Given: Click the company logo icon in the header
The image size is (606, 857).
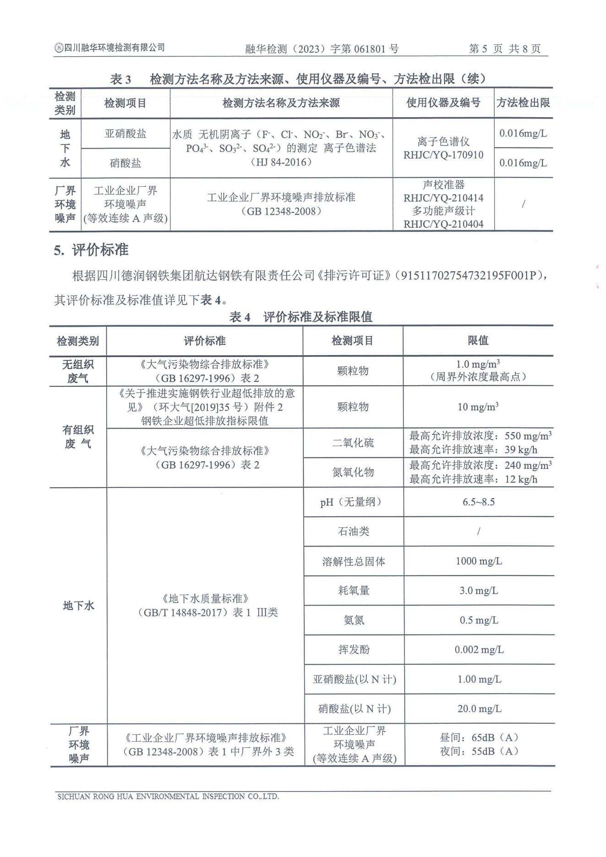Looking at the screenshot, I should (59, 48).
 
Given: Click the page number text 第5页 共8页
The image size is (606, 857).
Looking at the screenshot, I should (504, 49).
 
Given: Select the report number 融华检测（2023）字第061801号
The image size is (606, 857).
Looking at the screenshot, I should (322, 49).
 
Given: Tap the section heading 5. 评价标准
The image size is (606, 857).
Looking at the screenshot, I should (91, 250).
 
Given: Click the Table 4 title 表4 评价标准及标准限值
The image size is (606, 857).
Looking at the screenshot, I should (300, 317).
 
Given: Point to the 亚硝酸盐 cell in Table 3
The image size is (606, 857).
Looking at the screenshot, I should (126, 134).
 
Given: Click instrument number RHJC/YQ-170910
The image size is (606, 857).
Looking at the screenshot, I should (443, 155).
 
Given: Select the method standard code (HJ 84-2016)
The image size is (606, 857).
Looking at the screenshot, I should (281, 162).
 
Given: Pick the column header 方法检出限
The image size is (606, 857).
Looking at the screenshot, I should (523, 103).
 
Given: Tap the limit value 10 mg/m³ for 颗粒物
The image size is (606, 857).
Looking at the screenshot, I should (478, 407).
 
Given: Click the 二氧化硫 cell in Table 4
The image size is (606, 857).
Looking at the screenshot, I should (353, 443).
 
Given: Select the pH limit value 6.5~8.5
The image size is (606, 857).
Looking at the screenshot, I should (478, 502).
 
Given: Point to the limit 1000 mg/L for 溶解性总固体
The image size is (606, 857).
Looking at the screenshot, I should (478, 561).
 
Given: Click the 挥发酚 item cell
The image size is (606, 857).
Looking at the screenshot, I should (353, 650).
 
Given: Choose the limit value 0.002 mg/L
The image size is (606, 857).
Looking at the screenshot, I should (479, 650).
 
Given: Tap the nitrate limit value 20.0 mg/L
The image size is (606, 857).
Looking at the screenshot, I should (479, 709).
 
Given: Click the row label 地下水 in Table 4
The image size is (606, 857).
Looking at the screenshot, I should (78, 606).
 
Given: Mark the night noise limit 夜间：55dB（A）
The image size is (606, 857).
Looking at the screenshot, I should (479, 751).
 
